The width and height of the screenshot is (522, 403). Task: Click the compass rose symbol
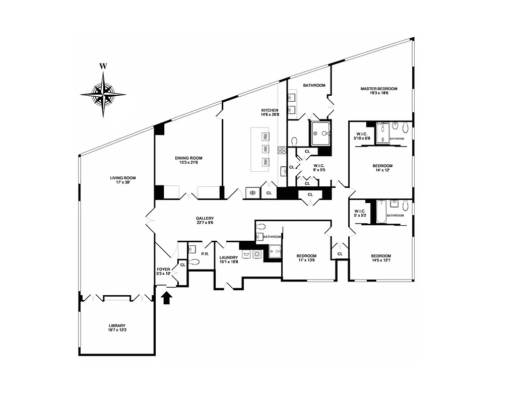(x=103, y=94)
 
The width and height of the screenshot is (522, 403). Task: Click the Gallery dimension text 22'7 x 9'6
(x=205, y=223)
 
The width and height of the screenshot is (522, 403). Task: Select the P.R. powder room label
(x=205, y=254)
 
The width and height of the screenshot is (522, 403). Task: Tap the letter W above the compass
(x=103, y=66)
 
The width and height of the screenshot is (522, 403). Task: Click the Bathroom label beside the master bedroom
(x=314, y=85)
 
